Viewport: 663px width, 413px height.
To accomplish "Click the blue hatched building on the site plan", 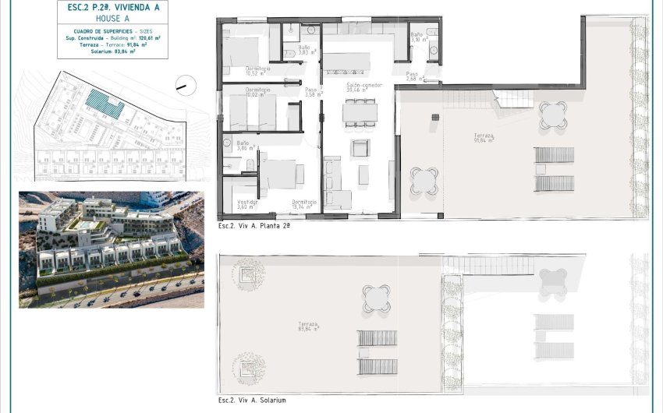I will tap(104, 103).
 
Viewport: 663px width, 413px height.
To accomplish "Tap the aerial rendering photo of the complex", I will tap(112, 249).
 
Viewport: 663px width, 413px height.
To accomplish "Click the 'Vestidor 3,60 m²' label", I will tap(247, 204).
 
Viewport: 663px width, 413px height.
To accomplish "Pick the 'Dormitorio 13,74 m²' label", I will tap(304, 204).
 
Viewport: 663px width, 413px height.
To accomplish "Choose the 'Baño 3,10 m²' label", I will tap(417, 37).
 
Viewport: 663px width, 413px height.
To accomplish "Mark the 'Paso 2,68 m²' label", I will tap(415, 76).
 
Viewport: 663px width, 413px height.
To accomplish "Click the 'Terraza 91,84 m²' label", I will tap(484, 138).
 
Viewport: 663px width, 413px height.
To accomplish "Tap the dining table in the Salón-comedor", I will tap(360, 113).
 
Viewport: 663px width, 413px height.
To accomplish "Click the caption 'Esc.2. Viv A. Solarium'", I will tap(252, 401).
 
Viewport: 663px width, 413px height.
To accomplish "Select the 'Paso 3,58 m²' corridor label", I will tap(312, 92).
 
